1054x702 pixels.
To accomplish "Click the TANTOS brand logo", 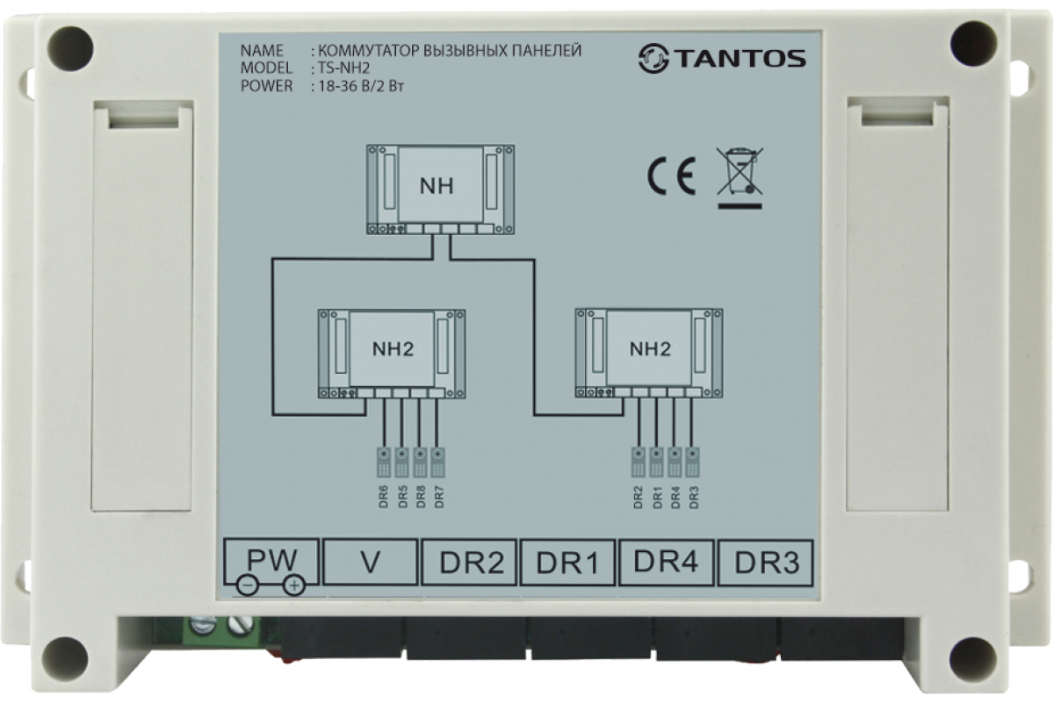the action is [x=722, y=59].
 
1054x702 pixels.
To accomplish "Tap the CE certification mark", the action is [x=671, y=176].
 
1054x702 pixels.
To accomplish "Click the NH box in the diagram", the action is [x=440, y=189].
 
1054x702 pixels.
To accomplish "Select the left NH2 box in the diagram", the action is [x=392, y=354].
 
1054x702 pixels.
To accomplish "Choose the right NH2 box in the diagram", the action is [x=649, y=353].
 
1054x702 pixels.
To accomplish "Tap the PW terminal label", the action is [x=271, y=559].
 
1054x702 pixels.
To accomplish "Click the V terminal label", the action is [x=371, y=562].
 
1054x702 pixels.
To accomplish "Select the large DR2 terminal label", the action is [x=472, y=562].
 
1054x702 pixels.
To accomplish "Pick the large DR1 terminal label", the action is [x=568, y=562].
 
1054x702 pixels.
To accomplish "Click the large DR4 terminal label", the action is [x=666, y=561].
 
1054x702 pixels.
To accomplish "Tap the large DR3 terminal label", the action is [x=767, y=562].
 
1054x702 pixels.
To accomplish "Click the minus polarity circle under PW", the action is [x=248, y=586].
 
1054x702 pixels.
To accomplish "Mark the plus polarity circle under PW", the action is [x=294, y=585].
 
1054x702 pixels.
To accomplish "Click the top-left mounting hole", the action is [x=70, y=49].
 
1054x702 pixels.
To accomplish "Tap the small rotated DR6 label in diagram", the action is [x=384, y=498].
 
